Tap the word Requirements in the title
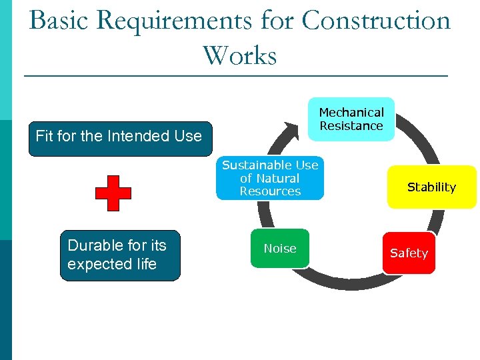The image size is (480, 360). click(174, 21)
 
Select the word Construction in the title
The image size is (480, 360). click(376, 21)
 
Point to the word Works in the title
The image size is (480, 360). click(239, 56)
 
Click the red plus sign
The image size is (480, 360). click(113, 193)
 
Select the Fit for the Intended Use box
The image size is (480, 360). click(119, 138)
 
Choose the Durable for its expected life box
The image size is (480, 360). click(120, 255)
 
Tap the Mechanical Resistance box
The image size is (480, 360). click(351, 119)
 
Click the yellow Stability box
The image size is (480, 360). click(431, 187)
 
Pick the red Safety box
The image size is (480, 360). click(409, 253)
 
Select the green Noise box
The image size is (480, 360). click(279, 249)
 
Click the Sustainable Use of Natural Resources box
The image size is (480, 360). click(270, 179)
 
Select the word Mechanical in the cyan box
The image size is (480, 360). click(351, 113)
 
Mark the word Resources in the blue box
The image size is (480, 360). click(270, 191)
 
